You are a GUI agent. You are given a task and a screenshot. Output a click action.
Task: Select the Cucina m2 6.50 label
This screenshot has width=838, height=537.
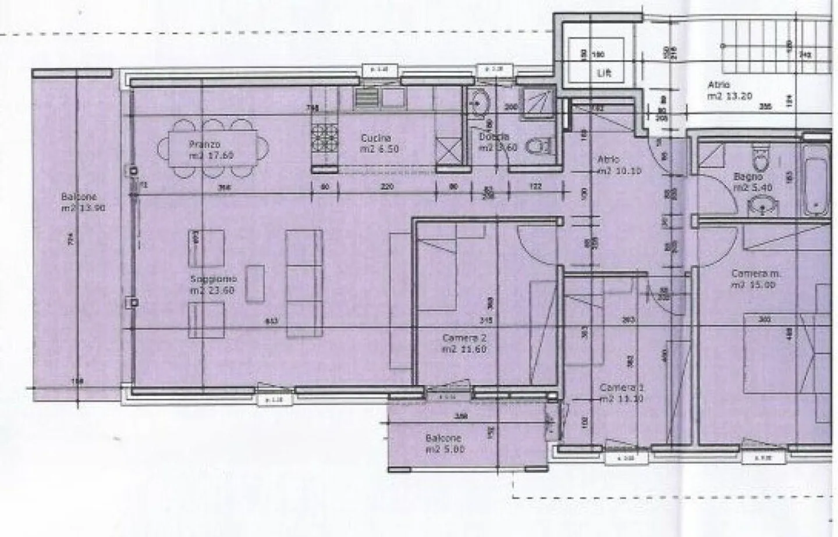click(379, 144)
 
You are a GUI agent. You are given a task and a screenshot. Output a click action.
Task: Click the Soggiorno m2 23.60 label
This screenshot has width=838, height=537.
click(212, 284)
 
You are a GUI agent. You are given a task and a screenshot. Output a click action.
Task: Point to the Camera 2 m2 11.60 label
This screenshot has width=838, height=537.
click(464, 343)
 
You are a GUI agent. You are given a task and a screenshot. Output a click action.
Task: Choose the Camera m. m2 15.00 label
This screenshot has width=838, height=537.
click(753, 279)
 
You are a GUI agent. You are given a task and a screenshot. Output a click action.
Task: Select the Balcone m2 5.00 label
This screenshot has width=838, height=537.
click(445, 443)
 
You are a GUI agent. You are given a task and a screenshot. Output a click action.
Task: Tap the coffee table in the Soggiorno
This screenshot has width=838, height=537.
click(254, 283)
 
